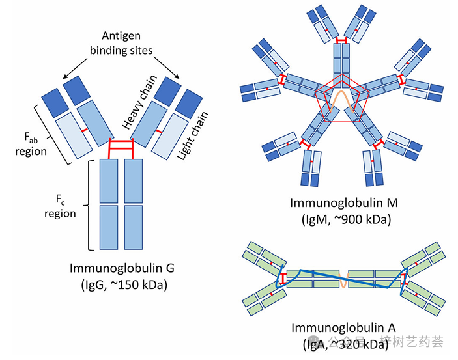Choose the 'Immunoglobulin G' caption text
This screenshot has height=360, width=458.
122,268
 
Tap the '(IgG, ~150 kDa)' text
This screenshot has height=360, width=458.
122,284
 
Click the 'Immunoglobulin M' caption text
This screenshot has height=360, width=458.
341,202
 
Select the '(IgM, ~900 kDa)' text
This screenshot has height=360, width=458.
341,219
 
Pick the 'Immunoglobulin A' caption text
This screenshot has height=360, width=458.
342,327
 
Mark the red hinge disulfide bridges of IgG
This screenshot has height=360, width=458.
121,149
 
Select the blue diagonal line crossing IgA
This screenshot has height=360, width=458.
342,279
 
